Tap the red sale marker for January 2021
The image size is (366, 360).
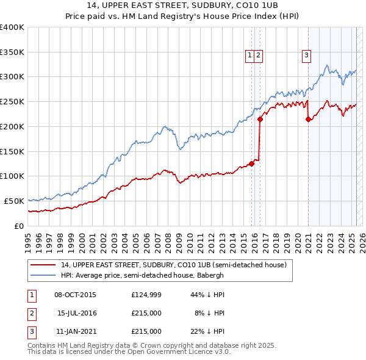click(308, 120)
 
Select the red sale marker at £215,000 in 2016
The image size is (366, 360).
click(260, 120)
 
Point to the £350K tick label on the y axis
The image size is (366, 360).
click(12, 52)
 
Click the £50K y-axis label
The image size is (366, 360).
click(15, 201)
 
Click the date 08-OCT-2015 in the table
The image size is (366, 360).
click(75, 295)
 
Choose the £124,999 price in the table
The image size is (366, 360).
click(146, 295)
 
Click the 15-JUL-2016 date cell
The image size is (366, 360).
click(76, 313)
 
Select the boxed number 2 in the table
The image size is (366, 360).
click(31, 313)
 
